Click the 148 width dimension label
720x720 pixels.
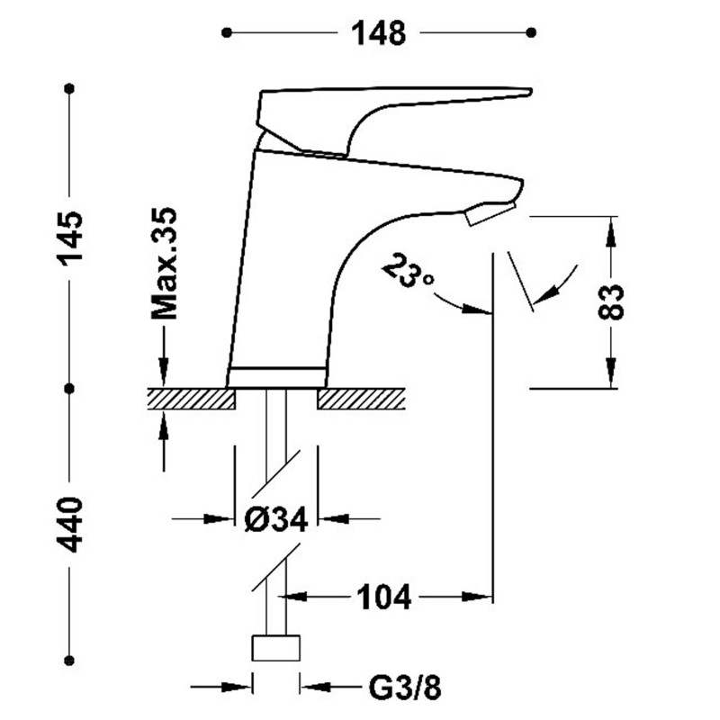point(378,33)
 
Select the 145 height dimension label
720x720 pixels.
point(70,238)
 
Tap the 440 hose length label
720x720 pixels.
point(70,525)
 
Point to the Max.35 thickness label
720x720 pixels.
point(164,263)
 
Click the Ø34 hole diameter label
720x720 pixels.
point(276,519)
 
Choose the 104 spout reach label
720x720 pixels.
point(384,598)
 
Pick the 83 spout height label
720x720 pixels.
point(611,301)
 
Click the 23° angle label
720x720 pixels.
point(408,270)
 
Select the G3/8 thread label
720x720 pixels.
point(405,688)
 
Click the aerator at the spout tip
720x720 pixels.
point(490,214)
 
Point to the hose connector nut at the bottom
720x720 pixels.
point(276,648)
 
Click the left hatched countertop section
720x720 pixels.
point(191,399)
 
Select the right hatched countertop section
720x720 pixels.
point(362,399)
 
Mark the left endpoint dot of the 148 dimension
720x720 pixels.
point(227,32)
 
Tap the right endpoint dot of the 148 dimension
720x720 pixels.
point(531,32)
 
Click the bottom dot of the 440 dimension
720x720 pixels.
point(69,661)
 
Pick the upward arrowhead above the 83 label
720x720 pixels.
point(611,233)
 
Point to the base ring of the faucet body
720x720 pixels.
point(276,377)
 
